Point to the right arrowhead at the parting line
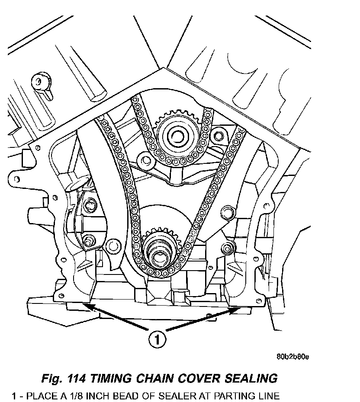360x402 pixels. (234, 309)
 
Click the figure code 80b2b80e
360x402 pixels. (293, 357)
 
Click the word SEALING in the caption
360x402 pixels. (252, 378)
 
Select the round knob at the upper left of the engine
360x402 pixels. (39, 81)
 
